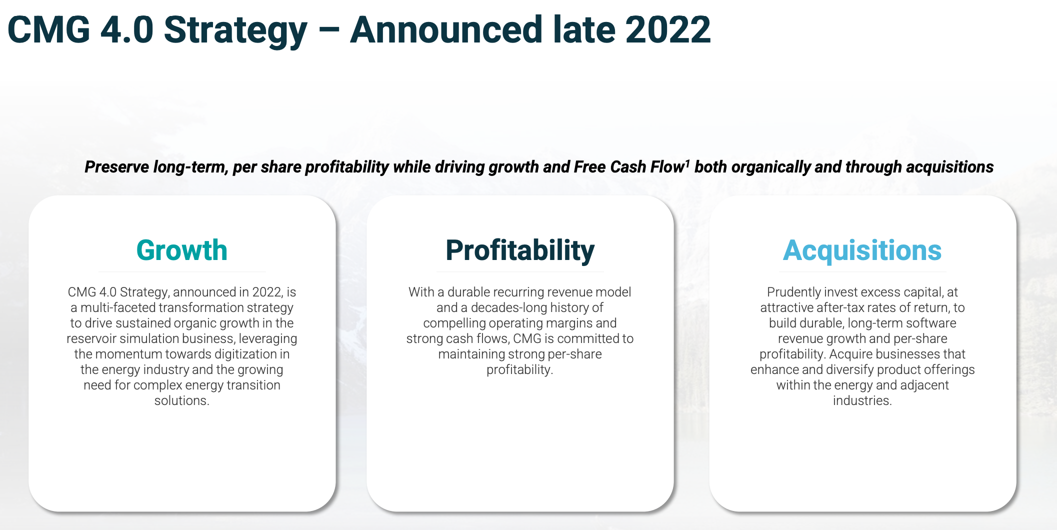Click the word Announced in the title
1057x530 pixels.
tap(445, 30)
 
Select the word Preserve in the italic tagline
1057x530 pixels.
tap(116, 167)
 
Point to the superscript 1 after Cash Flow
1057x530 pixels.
tap(687, 162)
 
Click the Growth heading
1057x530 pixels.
tap(181, 250)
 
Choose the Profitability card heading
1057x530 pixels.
tap(520, 250)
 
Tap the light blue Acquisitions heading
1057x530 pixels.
tap(862, 250)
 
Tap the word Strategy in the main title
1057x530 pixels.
tap(235, 30)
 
